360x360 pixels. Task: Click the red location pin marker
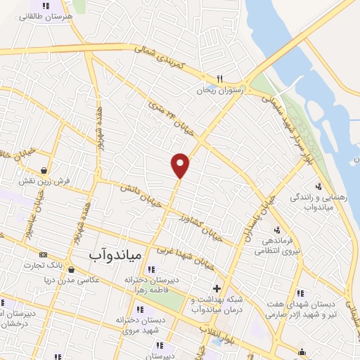coord(181,164)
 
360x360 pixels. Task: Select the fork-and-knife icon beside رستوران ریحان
coord(221,79)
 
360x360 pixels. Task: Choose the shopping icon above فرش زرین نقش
coord(45,169)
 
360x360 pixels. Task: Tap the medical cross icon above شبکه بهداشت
coord(217,288)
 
